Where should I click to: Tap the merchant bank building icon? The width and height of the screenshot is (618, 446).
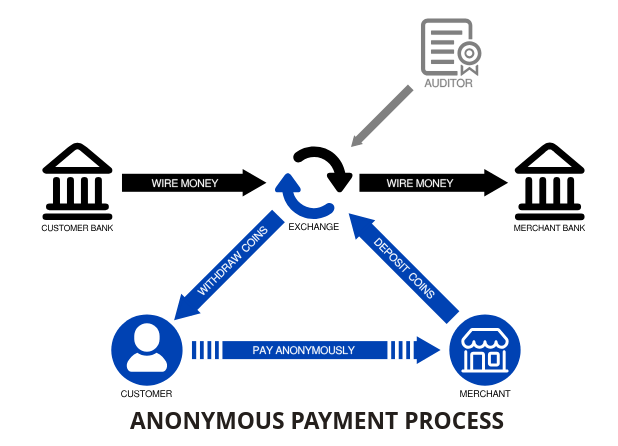pyautogui.click(x=549, y=183)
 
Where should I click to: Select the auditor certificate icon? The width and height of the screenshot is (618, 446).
pyautogui.click(x=449, y=47)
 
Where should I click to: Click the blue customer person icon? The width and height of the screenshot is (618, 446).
pyautogui.click(x=147, y=349)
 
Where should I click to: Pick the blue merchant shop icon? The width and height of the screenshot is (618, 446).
pyautogui.click(x=485, y=349)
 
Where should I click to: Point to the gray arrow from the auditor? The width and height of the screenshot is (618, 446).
pyautogui.click(x=380, y=115)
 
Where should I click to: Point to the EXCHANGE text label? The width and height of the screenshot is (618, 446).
pyautogui.click(x=314, y=227)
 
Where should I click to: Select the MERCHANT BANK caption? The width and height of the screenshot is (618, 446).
pyautogui.click(x=549, y=228)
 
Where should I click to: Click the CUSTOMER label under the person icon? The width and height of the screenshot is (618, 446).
pyautogui.click(x=147, y=393)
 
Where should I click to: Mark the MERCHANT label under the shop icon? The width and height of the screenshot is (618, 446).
pyautogui.click(x=485, y=393)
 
